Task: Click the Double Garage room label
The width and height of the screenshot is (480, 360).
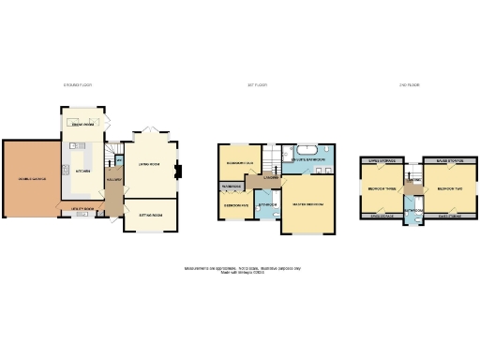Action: click(28, 177)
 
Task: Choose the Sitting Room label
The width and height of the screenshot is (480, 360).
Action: click(150, 215)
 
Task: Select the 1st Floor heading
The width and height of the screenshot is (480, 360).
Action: click(258, 84)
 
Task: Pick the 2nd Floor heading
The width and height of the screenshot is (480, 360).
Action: click(408, 84)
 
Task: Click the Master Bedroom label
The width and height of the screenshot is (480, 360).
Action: click(308, 203)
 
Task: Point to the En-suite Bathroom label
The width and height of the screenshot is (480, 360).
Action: click(308, 160)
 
